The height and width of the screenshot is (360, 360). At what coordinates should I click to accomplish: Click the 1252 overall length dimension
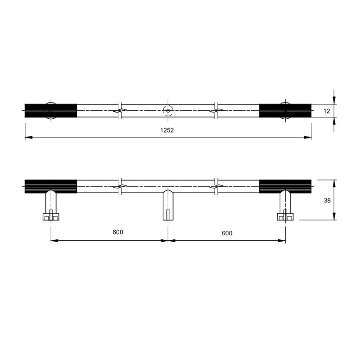click(167, 130)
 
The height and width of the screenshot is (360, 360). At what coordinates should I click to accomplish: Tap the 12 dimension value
click(327, 111)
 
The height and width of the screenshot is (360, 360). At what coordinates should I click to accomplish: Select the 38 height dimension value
click(327, 200)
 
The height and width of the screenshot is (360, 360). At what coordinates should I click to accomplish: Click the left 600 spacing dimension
click(118, 232)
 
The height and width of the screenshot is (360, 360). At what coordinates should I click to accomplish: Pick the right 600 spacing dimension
click(227, 233)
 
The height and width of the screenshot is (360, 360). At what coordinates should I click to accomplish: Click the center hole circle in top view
click(168, 111)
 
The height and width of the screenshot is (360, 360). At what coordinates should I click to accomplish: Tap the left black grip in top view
click(51, 111)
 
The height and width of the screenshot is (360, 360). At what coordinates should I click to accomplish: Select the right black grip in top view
click(285, 111)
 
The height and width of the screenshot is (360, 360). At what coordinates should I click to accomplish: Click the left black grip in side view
click(51, 186)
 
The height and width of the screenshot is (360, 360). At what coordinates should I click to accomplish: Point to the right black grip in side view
click(285, 186)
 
